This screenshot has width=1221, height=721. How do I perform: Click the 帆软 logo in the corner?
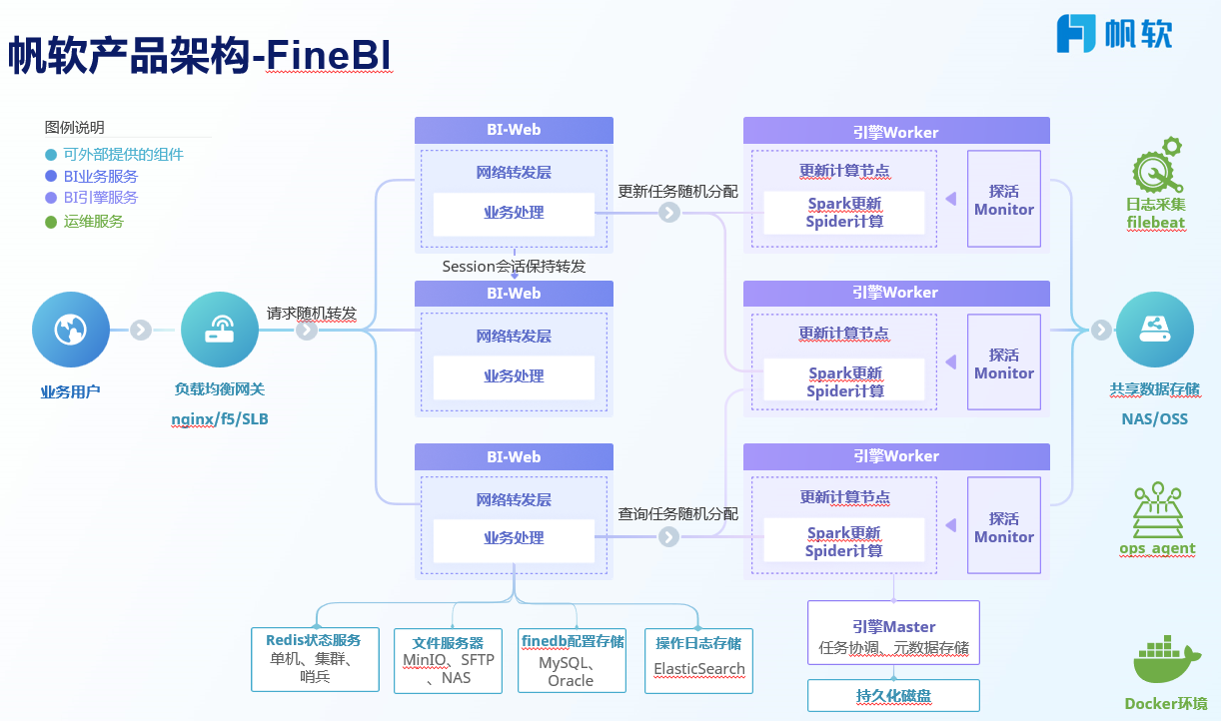tap(1114, 33)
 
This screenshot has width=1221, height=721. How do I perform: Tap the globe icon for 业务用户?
tap(71, 329)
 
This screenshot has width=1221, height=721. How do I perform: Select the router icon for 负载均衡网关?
tap(220, 329)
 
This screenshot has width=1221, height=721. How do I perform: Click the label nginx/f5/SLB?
tap(220, 419)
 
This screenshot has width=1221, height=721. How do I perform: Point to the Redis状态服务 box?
tap(315, 658)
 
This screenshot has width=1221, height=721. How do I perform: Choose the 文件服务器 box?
tap(448, 660)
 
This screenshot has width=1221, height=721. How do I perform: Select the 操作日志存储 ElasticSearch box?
tap(699, 660)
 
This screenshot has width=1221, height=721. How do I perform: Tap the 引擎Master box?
tap(893, 635)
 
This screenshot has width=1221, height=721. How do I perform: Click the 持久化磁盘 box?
tap(893, 695)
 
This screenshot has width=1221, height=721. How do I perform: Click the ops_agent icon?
tap(1157, 511)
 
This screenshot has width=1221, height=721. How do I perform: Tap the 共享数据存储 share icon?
tap(1154, 329)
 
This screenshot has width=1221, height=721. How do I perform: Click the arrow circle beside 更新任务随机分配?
tap(668, 213)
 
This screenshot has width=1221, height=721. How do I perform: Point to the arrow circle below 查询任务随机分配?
tap(668, 537)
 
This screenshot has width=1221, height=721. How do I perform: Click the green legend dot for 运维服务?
tap(51, 222)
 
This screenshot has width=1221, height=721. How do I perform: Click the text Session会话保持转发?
tap(514, 267)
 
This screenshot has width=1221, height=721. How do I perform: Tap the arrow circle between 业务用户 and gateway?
tap(141, 330)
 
